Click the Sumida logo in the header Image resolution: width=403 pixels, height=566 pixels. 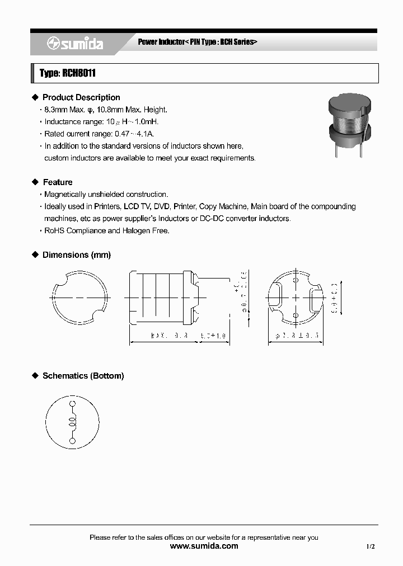click(x=74, y=44)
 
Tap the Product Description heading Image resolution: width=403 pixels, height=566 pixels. click(x=81, y=97)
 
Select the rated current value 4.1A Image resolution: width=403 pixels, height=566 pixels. click(x=146, y=134)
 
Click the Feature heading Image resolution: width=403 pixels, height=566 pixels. click(x=58, y=182)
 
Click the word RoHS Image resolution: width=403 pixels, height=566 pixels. click(x=55, y=230)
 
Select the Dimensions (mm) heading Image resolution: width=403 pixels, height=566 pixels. click(x=77, y=255)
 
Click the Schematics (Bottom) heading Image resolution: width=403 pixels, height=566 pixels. click(x=83, y=376)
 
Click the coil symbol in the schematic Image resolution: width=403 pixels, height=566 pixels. click(x=72, y=422)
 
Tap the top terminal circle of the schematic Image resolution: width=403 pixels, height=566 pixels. click(x=72, y=404)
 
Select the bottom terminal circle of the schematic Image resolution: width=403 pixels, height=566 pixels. click(x=72, y=441)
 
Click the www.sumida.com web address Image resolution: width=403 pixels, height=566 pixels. click(x=204, y=546)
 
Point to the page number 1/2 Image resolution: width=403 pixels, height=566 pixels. click(x=371, y=546)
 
